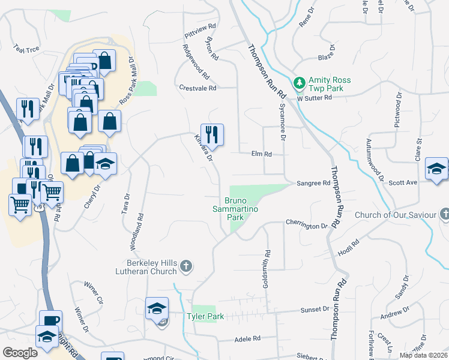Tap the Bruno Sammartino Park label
coord(235,209)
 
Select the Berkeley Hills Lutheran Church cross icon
coord(186,266)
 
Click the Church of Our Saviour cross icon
coord(445,214)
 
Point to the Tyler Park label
coord(205,316)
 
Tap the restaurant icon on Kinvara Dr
coord(212,134)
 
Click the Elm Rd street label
coord(261,154)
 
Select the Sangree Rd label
coord(313,183)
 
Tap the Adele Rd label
coord(247,339)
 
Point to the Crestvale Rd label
coord(197,88)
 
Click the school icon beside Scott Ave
coord(436,169)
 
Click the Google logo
coord(20,353)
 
